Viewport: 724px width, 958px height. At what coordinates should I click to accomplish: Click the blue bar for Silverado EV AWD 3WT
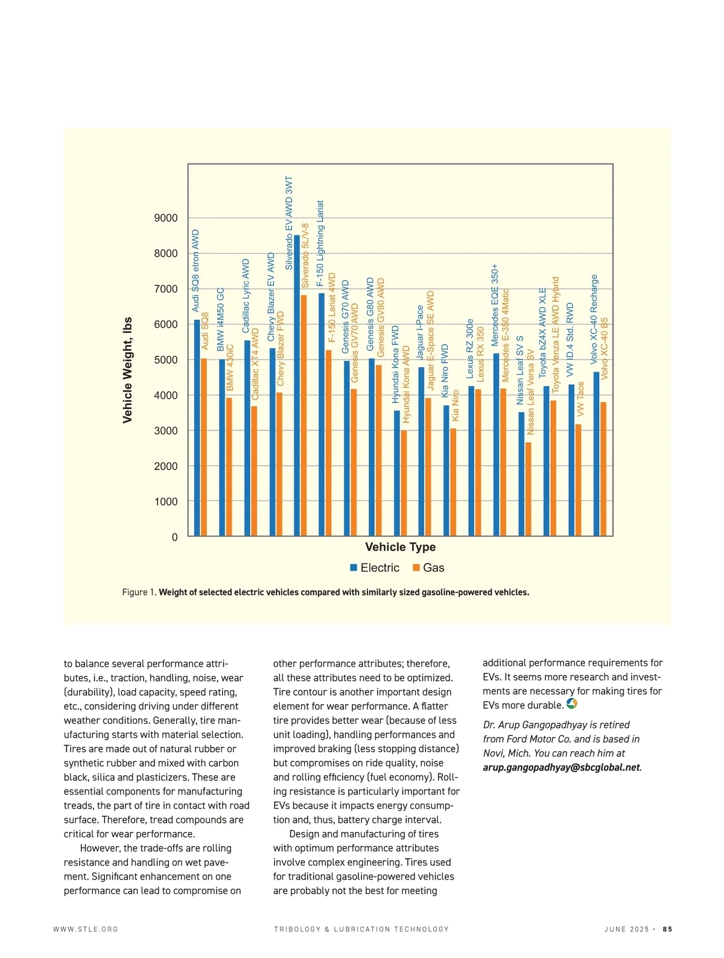297,386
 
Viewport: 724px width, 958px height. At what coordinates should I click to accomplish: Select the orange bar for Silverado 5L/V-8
303,416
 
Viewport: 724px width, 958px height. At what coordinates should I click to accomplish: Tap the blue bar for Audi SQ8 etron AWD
197,428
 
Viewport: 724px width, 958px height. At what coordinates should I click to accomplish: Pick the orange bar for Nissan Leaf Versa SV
528,489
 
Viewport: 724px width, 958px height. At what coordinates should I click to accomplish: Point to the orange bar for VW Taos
578,480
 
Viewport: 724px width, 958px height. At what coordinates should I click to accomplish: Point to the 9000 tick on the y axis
166,218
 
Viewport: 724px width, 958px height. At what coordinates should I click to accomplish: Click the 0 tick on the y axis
175,537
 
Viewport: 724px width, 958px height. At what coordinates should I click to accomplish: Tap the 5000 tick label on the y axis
166,360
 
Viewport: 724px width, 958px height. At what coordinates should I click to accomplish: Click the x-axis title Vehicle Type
400,547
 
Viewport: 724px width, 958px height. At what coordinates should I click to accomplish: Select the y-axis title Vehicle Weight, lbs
127,370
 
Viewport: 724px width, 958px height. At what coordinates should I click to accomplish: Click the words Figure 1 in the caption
139,592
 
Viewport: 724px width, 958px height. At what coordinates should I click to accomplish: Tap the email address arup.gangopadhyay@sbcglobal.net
561,768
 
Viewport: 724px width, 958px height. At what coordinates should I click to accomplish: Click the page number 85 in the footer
667,929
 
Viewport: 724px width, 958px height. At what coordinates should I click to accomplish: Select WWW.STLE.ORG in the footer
86,929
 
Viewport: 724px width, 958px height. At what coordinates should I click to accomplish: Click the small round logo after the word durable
572,704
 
